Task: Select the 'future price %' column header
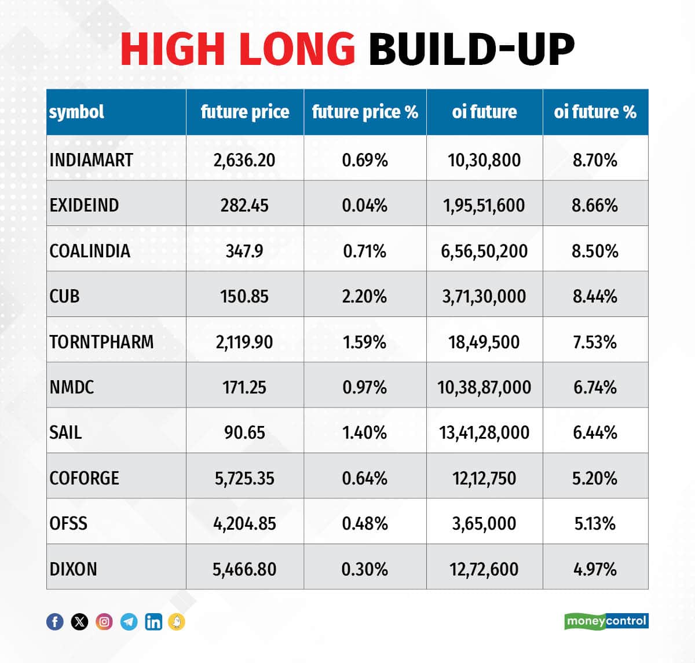coord(365,112)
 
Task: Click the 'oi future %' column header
coord(595,112)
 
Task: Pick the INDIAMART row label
coord(92,160)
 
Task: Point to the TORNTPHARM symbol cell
coord(101,342)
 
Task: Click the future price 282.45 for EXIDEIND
coord(244,205)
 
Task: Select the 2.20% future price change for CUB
coord(364,296)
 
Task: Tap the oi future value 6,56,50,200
coord(484,251)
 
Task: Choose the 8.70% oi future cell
coord(595,160)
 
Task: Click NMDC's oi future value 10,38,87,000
coord(484,387)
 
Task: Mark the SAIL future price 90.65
coord(244,432)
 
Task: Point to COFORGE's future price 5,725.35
coord(244,478)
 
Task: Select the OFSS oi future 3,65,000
coord(484,523)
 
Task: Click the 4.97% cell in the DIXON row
coord(595,569)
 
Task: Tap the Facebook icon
coord(55,622)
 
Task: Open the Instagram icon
coord(104,622)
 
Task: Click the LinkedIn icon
coord(153,622)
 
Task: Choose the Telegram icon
coord(129,622)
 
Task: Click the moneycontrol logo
coord(606,621)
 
